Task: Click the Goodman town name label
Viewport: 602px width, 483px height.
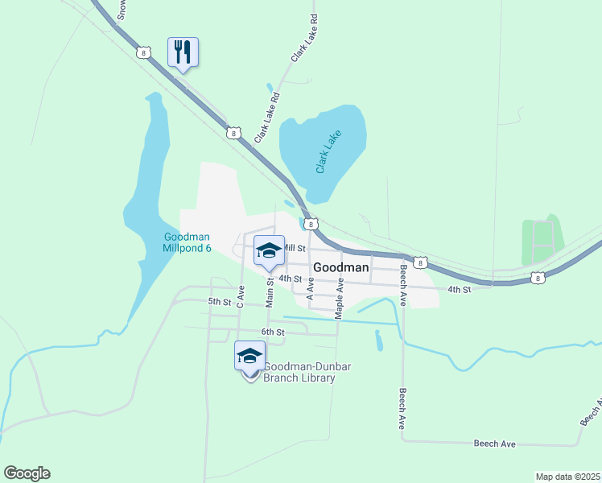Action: tap(340, 266)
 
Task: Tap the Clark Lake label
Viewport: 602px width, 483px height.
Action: tap(328, 151)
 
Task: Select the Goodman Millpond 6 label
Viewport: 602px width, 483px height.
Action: tap(188, 242)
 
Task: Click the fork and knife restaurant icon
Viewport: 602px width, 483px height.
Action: tap(182, 52)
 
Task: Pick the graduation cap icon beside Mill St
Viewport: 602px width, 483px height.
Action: tap(269, 250)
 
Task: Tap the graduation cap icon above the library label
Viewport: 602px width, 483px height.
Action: tap(249, 355)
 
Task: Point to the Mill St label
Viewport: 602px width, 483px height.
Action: tap(295, 250)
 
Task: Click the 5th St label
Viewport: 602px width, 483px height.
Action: tap(219, 302)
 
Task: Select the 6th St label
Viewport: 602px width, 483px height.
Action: tap(273, 332)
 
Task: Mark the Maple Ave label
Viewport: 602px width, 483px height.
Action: tap(340, 297)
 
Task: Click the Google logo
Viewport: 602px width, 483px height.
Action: tap(27, 473)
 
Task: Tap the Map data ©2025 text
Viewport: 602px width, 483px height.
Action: tap(567, 477)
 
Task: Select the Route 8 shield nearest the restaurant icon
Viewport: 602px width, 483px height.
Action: tap(143, 52)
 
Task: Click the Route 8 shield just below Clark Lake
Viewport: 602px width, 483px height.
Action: tap(311, 224)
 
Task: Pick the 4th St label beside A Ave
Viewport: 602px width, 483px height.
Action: tap(290, 279)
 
